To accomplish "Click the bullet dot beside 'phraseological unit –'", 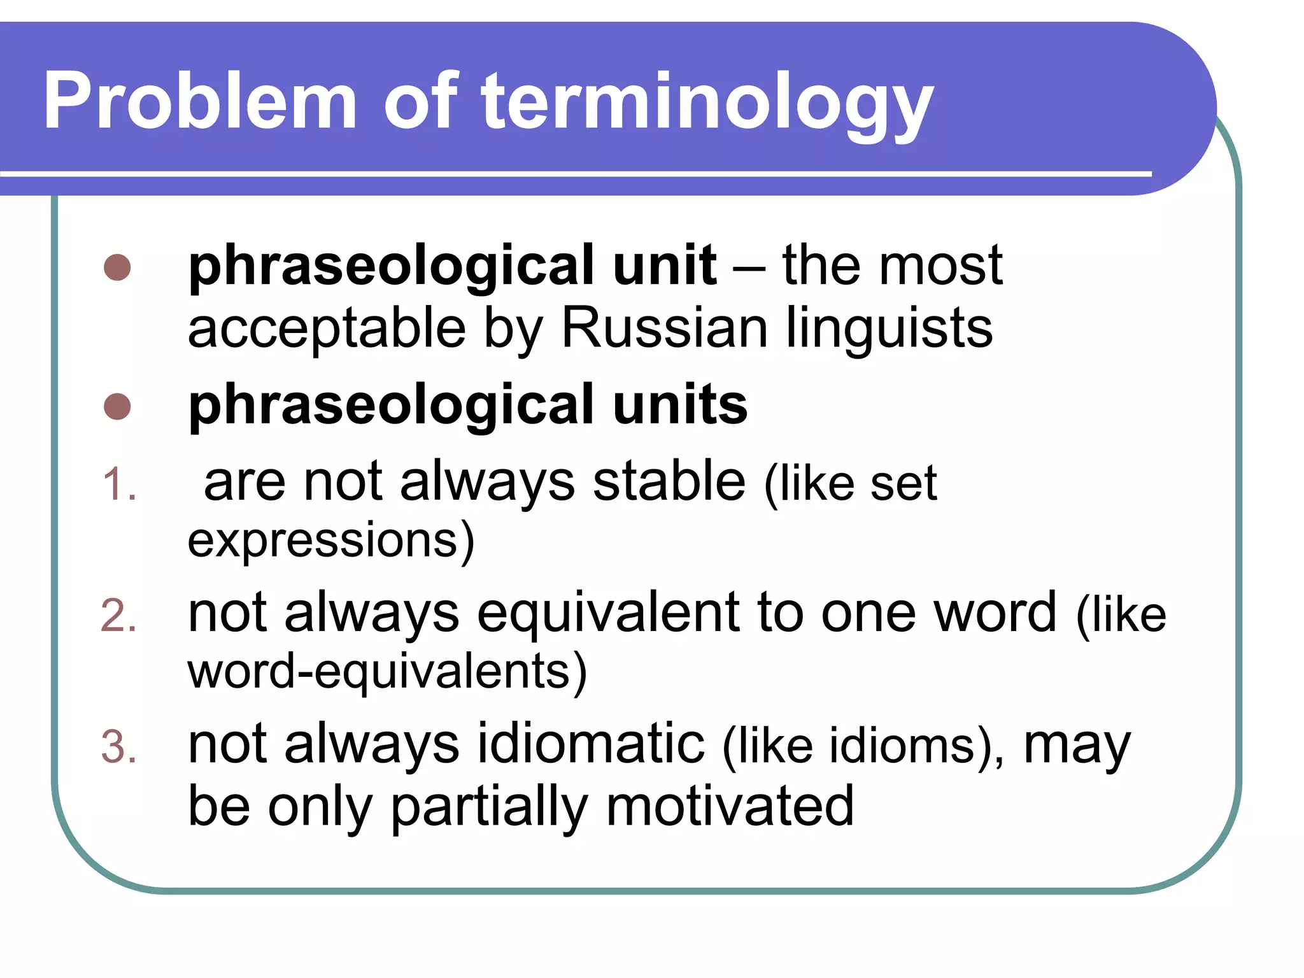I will tap(117, 267).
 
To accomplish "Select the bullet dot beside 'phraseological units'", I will tap(117, 406).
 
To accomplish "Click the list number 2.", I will tap(118, 616).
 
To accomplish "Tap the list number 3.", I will tap(118, 748).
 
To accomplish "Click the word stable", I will tap(669, 481).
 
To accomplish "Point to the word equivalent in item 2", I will tap(609, 614).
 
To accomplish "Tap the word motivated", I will tap(730, 806).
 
